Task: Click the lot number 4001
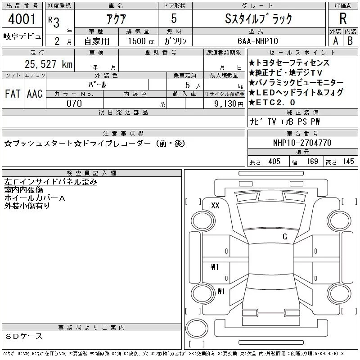coord(22,19)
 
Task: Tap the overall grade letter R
coord(343,18)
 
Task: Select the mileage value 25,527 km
coord(49,64)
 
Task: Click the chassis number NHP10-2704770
coord(302,143)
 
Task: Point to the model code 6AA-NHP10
coord(257,41)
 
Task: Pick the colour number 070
coord(74,103)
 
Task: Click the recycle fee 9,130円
coord(229,103)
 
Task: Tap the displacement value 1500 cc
coord(141,41)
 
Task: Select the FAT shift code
coord(13,94)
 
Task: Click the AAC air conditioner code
coord(35,94)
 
